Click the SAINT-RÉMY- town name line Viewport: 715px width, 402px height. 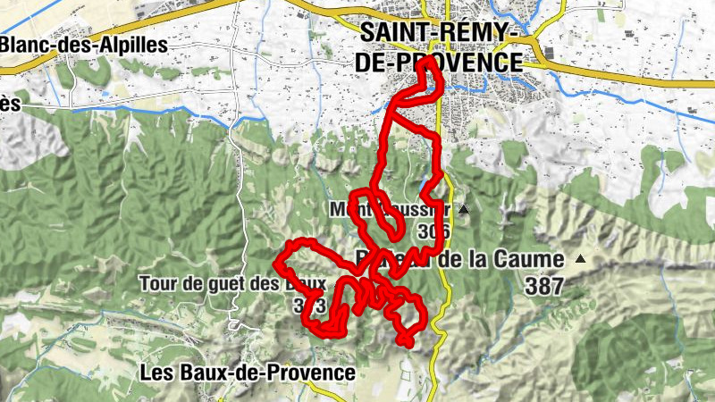pos(440,33)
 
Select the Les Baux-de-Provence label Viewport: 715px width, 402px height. pos(248,372)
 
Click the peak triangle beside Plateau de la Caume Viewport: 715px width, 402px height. pos(581,260)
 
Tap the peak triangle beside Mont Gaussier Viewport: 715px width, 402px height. pos(463,210)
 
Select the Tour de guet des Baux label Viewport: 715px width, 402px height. pos(231,284)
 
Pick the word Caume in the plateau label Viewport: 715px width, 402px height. pos(531,260)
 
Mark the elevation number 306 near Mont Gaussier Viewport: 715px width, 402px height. pos(433,232)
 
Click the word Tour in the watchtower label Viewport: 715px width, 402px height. pos(156,284)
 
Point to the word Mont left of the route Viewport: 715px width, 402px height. pos(346,211)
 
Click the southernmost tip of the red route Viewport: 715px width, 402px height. pos(406,342)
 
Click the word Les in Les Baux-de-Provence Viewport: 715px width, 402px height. pos(155,372)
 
